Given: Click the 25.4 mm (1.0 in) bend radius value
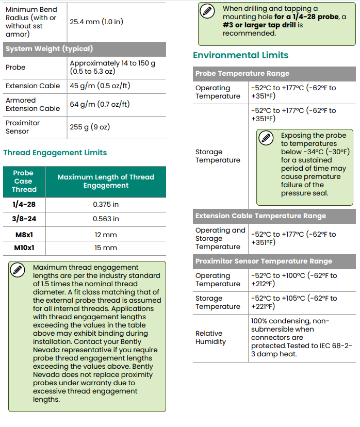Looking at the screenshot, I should click(x=96, y=22).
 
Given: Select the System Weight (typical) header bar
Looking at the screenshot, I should click(x=49, y=49).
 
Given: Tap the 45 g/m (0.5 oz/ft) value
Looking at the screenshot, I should click(x=100, y=86).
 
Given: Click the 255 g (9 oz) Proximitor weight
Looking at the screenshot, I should click(x=90, y=127).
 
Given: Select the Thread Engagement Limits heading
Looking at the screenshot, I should click(x=55, y=153).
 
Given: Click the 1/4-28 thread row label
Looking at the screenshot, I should click(x=24, y=204).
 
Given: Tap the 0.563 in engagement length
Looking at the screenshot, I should click(x=106, y=219).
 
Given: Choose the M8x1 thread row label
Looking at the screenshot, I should click(x=24, y=235).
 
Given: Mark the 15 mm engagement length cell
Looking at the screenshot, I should click(x=106, y=248).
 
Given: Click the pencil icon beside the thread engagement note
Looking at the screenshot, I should click(x=18, y=269).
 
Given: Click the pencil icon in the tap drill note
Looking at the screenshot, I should click(x=207, y=10).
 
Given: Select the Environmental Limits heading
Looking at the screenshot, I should click(x=240, y=55).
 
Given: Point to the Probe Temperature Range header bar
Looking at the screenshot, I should click(x=242, y=74).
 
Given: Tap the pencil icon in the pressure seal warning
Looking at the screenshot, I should click(x=266, y=138).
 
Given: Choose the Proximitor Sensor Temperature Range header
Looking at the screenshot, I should click(x=264, y=261).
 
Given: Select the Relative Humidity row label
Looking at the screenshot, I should click(x=210, y=337).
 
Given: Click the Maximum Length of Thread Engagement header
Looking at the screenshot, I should click(x=106, y=181).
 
